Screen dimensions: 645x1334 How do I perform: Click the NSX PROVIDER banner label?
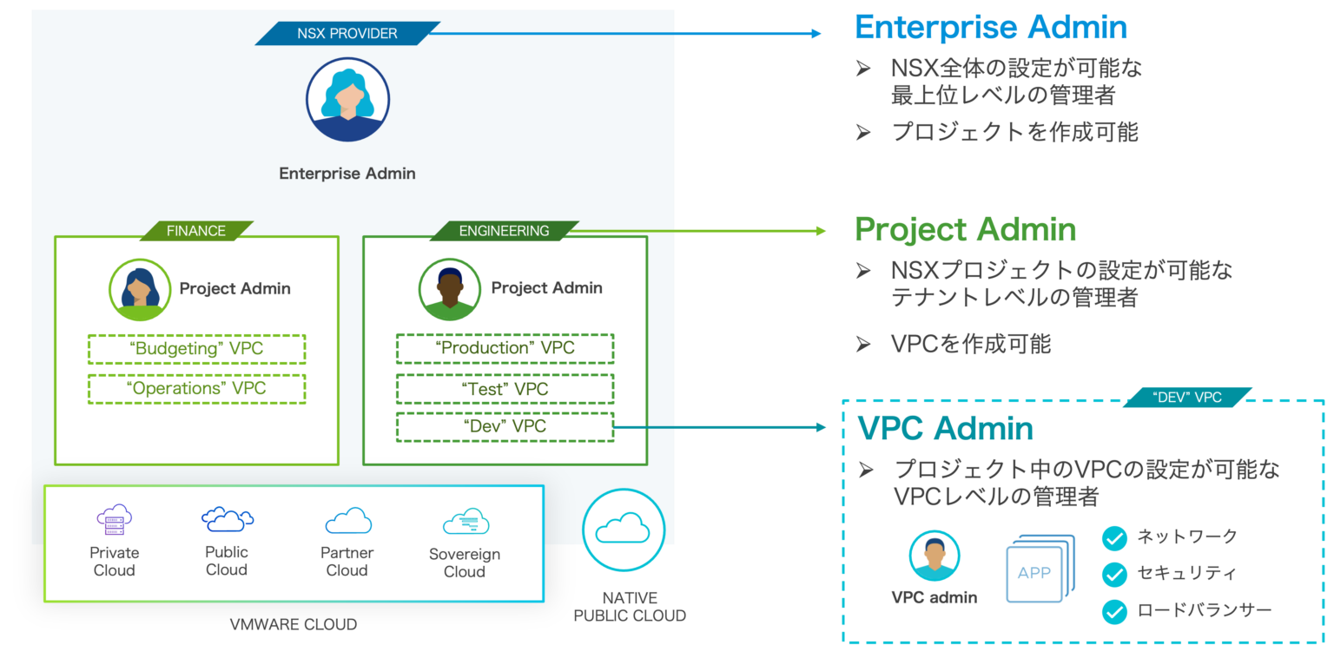tap(347, 34)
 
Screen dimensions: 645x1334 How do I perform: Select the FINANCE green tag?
tap(196, 231)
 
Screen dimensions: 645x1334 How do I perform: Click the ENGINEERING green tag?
tap(505, 231)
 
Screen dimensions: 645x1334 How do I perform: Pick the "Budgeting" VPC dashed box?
tap(196, 349)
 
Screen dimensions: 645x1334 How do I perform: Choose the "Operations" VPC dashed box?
tap(196, 389)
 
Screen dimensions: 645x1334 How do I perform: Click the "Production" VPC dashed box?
tap(505, 348)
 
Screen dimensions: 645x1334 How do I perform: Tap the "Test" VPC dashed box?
tap(505, 389)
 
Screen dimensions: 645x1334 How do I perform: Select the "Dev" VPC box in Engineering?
tap(505, 426)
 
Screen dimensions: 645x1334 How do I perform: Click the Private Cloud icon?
tap(114, 520)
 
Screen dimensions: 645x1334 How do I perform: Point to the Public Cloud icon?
tap(228, 519)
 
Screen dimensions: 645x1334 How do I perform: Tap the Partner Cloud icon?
tap(347, 521)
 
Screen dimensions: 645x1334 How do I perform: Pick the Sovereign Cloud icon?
tap(466, 522)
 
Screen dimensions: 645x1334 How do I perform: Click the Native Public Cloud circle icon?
tap(624, 529)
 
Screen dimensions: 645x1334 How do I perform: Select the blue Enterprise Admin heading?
tap(991, 28)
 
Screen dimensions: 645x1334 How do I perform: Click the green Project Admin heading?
tap(966, 230)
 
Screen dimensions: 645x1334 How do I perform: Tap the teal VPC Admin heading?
tap(945, 429)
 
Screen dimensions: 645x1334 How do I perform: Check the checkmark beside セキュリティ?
tap(1114, 575)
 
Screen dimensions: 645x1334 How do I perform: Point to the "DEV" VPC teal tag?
tap(1187, 398)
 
